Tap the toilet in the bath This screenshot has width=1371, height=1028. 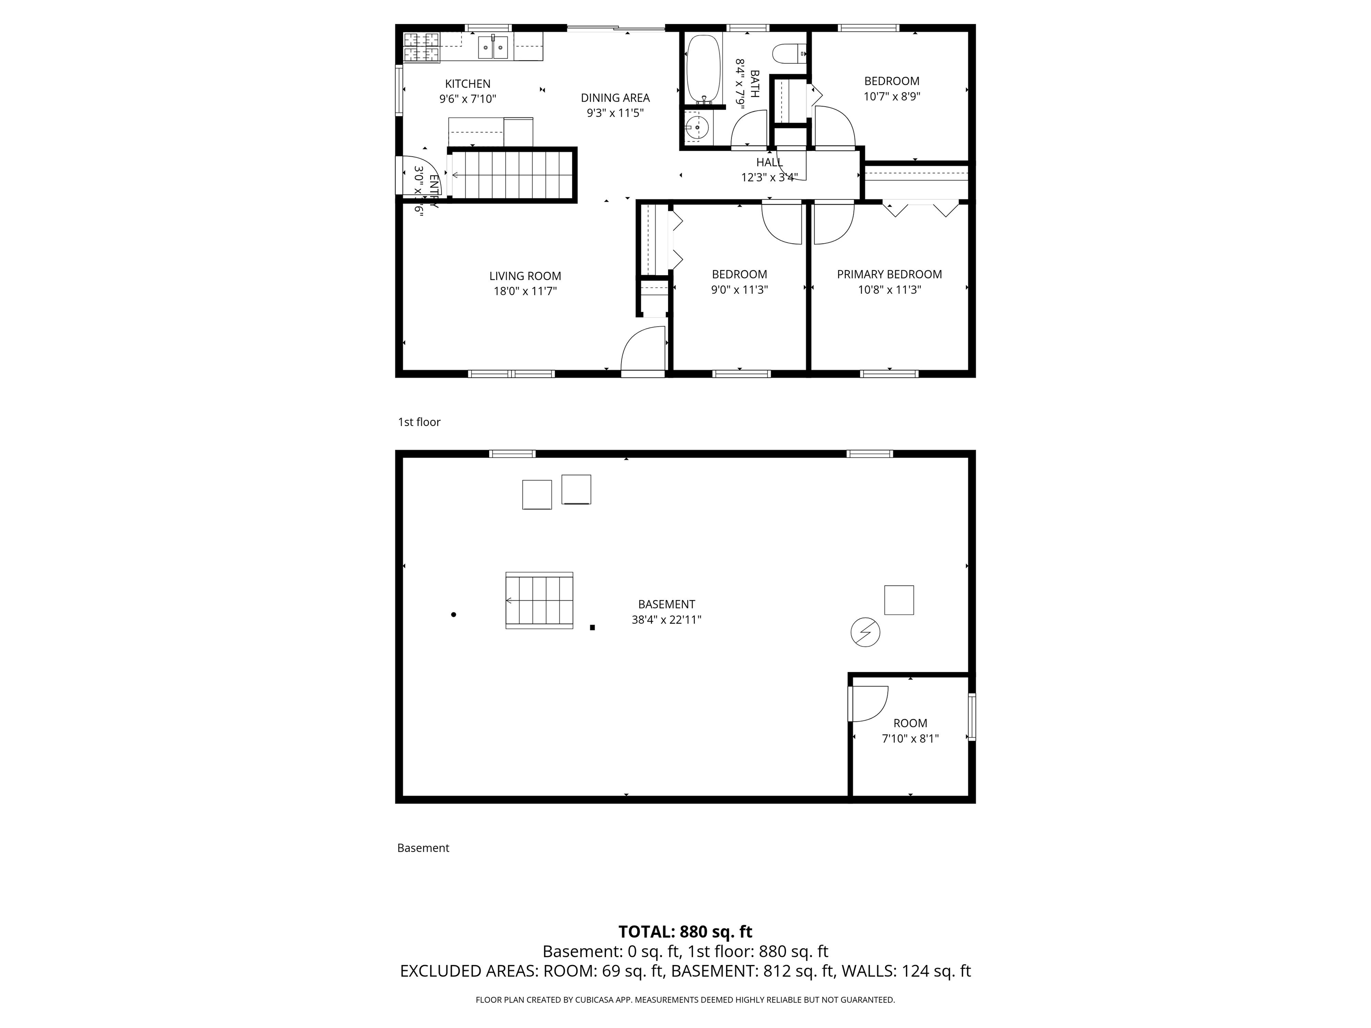[x=789, y=54]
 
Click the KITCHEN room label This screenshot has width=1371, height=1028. [x=467, y=83]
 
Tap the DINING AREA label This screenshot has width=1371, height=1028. [x=615, y=97]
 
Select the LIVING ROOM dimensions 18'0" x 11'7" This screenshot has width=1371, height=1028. [x=525, y=291]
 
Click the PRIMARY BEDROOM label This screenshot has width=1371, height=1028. [x=889, y=274]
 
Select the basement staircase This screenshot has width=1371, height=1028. [x=539, y=600]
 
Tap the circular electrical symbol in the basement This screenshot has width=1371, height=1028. [x=865, y=633]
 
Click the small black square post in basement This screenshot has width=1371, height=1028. [x=593, y=628]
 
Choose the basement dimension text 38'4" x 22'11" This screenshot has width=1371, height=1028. [x=666, y=620]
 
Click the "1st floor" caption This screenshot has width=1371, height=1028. [x=419, y=422]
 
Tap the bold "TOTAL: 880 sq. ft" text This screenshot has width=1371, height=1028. [x=685, y=931]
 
